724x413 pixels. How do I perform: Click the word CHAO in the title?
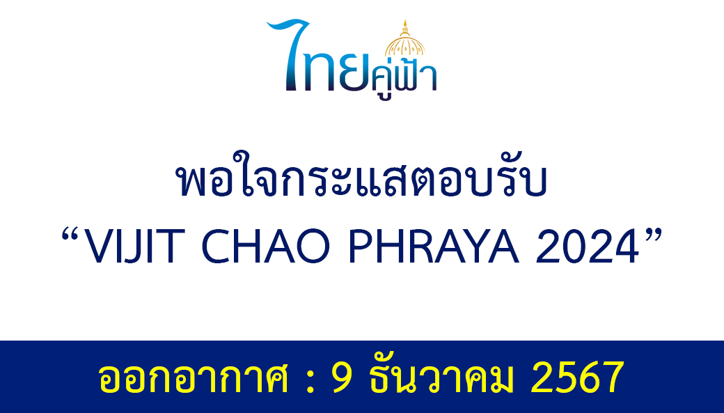coord(266,247)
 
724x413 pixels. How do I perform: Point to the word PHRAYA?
coord(434,247)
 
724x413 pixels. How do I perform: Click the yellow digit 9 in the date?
coord(343,377)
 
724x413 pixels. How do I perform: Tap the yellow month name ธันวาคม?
coord(441,377)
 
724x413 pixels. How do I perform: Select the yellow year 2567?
coord(578,377)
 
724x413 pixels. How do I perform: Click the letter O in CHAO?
coord(313,247)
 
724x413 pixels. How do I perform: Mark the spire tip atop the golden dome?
coord(405,20)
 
